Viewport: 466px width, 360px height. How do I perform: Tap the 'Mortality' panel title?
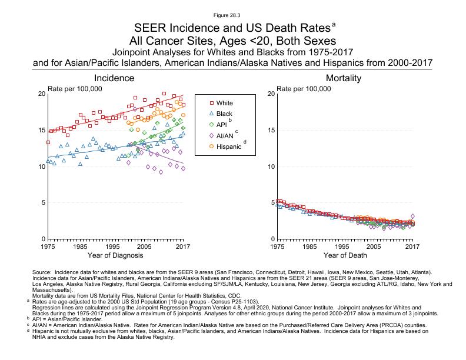(x=344, y=78)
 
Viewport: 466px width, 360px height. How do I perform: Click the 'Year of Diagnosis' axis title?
(x=115, y=255)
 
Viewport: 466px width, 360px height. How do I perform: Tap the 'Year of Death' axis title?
(x=345, y=255)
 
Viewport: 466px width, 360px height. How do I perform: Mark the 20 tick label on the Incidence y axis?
(x=41, y=94)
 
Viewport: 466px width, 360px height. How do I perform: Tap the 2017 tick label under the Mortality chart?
(x=413, y=247)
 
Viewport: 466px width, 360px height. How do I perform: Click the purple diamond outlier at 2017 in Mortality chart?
(x=413, y=216)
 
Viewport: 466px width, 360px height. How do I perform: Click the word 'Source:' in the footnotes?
(x=44, y=272)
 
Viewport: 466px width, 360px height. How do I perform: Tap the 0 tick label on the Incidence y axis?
(x=43, y=239)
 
